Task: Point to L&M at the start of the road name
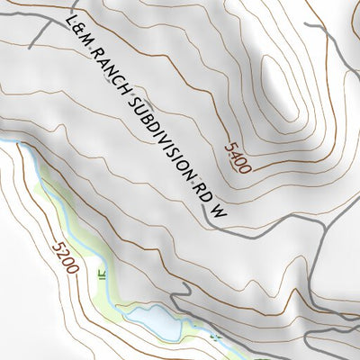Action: coord(77,32)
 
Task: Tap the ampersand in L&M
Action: coord(77,32)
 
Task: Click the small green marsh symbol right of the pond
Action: coord(216,336)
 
